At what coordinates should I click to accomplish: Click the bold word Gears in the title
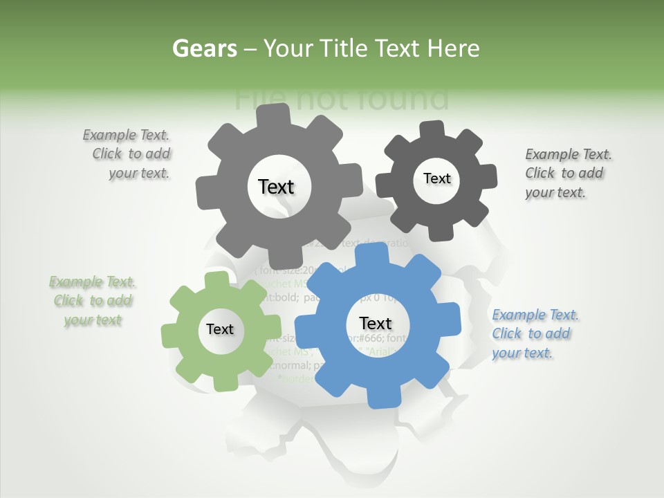(x=204, y=48)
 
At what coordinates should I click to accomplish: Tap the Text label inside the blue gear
(x=376, y=324)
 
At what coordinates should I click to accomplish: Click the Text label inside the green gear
(x=220, y=330)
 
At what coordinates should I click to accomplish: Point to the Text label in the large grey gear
(x=276, y=187)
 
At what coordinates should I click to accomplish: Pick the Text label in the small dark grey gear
(x=436, y=178)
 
